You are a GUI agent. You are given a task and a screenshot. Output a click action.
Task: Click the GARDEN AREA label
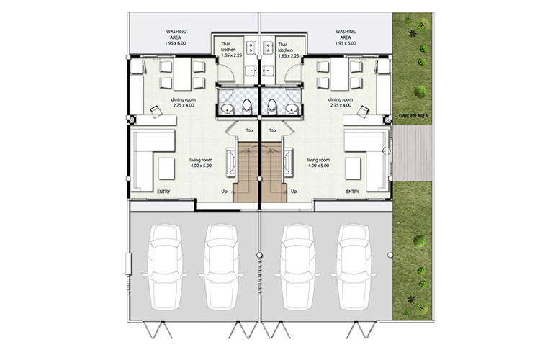pyautogui.click(x=413, y=116)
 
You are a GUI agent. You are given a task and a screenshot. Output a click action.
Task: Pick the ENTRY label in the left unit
pyautogui.click(x=163, y=192)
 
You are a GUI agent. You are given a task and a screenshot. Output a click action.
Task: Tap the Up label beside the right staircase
pyautogui.click(x=294, y=192)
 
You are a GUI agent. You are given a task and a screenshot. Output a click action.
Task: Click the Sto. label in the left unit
pyautogui.click(x=250, y=130)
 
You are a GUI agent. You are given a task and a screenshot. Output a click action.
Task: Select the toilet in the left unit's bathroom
pyautogui.click(x=247, y=106)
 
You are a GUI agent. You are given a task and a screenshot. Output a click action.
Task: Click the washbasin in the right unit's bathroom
pyautogui.click(x=292, y=109)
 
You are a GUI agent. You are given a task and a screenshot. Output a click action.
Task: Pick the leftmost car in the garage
pyautogui.click(x=165, y=267)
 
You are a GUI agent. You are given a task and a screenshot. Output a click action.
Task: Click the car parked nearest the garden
pyautogui.click(x=354, y=267)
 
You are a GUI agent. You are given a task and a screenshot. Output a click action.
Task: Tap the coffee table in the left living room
pyautogui.click(x=166, y=168)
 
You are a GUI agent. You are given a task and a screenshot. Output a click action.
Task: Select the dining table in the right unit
pyautogui.click(x=339, y=74)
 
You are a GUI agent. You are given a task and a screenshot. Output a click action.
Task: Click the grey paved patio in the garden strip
pyautogui.click(x=413, y=153)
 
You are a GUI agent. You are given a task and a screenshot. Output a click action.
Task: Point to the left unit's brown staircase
pyautogui.click(x=246, y=172)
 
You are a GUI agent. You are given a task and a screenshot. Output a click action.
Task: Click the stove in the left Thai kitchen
pyautogui.click(x=250, y=48)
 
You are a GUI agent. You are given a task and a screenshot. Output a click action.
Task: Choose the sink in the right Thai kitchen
pyautogui.click(x=267, y=71)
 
